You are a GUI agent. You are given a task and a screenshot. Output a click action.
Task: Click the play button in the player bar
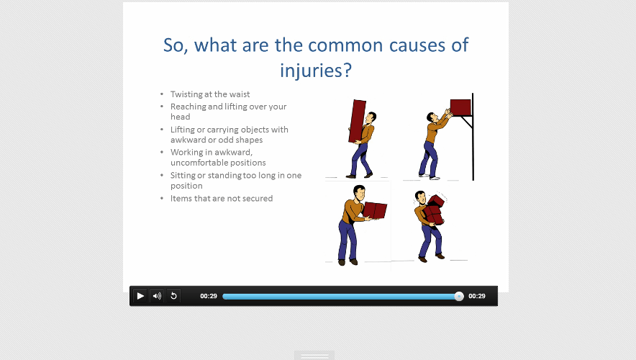tap(140, 296)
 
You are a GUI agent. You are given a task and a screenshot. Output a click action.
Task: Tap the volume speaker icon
tap(157, 296)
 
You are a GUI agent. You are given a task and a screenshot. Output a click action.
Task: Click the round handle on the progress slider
tap(459, 296)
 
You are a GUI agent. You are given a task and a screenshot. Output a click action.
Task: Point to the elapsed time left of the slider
tap(209, 296)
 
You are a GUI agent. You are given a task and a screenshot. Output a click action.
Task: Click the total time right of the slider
tap(477, 296)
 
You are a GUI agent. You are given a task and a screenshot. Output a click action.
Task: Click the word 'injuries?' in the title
tap(316, 71)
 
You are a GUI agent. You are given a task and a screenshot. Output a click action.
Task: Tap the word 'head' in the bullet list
tap(180, 117)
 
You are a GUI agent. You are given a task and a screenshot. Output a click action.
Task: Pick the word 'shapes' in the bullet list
tap(250, 140)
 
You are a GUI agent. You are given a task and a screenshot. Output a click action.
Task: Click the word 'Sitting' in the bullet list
tap(183, 176)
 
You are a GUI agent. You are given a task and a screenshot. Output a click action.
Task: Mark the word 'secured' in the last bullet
tap(258, 199)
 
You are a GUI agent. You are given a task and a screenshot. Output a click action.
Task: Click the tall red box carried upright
tap(357, 121)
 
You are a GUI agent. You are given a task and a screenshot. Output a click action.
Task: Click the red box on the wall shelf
tap(460, 107)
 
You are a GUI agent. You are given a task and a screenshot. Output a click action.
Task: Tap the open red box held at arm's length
tap(374, 210)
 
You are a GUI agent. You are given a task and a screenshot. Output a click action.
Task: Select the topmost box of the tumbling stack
tap(437, 200)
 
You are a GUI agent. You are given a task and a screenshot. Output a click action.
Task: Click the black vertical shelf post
tap(473, 137)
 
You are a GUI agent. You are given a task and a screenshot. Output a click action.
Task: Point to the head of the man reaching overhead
tap(431, 117)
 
